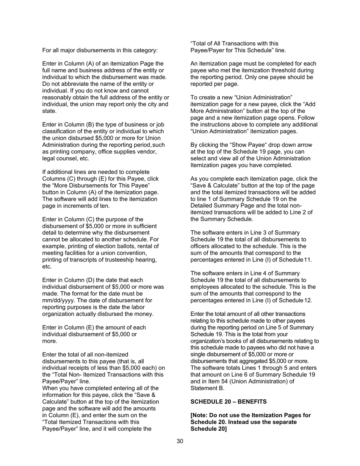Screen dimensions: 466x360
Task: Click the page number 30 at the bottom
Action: pos(180,441)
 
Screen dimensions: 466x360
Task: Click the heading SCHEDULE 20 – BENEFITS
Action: pos(229,402)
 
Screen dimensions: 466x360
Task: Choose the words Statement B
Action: pos(207,388)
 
